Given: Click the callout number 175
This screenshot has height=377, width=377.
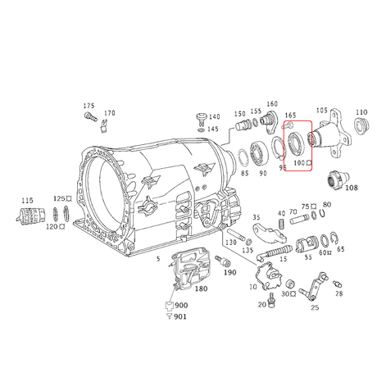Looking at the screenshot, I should point(89,107).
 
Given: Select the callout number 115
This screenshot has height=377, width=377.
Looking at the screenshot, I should point(27,200).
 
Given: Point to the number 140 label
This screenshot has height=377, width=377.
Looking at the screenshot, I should point(213,117).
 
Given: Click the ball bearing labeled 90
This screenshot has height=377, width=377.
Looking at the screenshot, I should point(261,152).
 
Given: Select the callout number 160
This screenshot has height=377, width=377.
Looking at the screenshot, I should point(271,104).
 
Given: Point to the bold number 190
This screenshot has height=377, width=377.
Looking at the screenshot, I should point(229,271).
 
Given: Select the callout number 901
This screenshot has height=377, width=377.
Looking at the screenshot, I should point(179,317).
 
